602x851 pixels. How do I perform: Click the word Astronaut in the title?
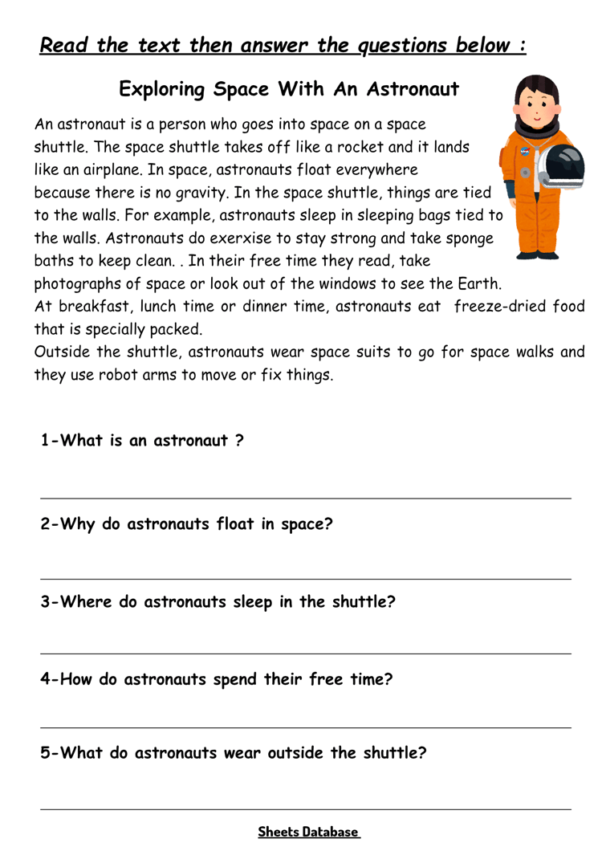point(413,89)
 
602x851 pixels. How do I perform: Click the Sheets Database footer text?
point(308,832)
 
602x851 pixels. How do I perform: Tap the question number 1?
point(46,441)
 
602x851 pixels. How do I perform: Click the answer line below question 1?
point(306,499)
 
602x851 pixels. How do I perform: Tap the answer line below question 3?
point(306,654)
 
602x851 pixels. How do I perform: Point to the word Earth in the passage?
point(478,283)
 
